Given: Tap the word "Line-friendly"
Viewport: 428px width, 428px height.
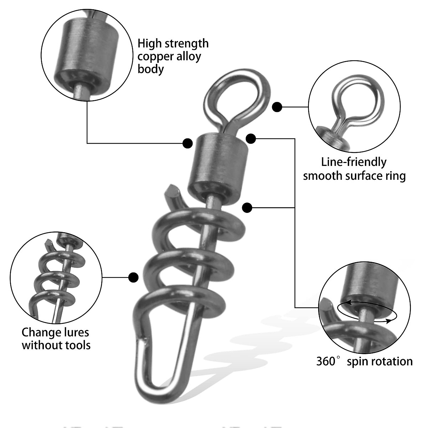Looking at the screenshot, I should pos(353,162).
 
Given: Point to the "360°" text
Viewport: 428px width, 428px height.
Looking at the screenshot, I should pos(326,361).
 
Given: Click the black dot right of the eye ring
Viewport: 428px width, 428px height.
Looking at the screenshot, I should pos(277,107).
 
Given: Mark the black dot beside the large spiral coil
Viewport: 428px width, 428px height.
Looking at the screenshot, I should pos(133,277).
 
